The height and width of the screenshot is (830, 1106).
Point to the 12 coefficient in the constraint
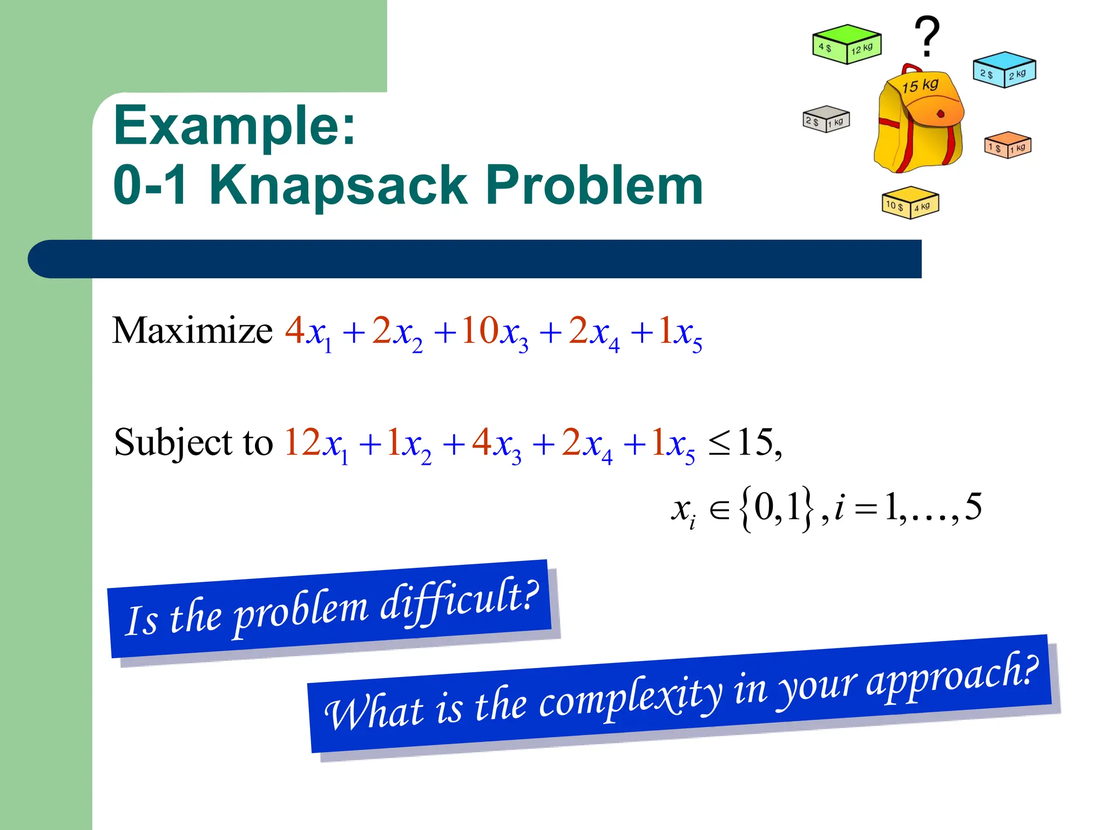pos(302,442)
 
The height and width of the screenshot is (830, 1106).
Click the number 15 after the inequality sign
pos(755,442)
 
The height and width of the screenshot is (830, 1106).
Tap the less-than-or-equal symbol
pos(719,444)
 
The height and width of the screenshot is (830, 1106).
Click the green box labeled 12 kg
pos(846,44)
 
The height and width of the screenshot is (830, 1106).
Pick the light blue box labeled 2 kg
pos(1004,70)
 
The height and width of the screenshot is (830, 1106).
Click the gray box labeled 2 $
pos(826,119)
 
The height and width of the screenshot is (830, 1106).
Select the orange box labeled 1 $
pos(1008,145)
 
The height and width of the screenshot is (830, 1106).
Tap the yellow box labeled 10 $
pos(910,203)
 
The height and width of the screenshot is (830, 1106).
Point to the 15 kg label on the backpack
pos(920,85)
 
